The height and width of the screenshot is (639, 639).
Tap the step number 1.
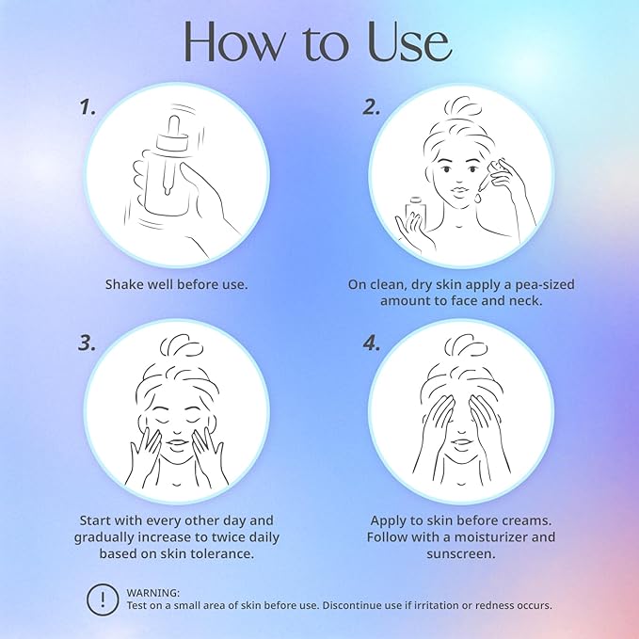pyautogui.click(x=88, y=106)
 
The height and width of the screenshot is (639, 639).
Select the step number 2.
pyautogui.click(x=372, y=106)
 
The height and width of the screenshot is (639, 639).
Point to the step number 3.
pyautogui.click(x=88, y=343)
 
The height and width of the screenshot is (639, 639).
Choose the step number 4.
pyautogui.click(x=372, y=343)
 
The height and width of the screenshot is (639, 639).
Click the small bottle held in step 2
pyautogui.click(x=416, y=211)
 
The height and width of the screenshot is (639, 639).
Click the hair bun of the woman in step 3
pyautogui.click(x=181, y=346)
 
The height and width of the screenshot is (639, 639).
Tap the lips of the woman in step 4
pyautogui.click(x=462, y=442)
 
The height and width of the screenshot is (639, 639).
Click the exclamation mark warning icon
pyautogui.click(x=103, y=599)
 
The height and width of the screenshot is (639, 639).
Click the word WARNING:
pyautogui.click(x=152, y=593)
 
